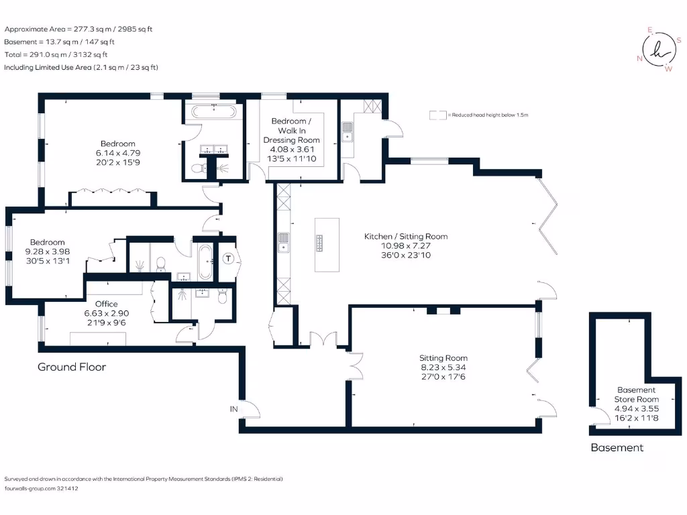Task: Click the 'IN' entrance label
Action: coord(234,408)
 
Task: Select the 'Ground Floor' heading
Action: coord(72,367)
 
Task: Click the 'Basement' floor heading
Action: coord(617,447)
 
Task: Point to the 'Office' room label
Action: coord(107,304)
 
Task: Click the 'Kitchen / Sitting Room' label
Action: coord(405,236)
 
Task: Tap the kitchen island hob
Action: coord(320,243)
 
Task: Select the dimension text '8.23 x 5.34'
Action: coord(443,367)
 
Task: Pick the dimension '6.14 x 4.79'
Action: coord(118,153)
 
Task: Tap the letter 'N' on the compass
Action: coord(639,58)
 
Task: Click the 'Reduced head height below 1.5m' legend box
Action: coord(438,115)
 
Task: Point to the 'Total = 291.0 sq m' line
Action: coord(56,55)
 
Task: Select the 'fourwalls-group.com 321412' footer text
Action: coord(42,488)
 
